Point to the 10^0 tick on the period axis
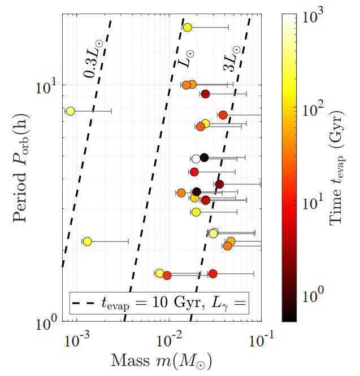(45, 322)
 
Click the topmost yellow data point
(187, 27)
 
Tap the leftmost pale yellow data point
(70, 111)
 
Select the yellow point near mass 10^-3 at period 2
(87, 241)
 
